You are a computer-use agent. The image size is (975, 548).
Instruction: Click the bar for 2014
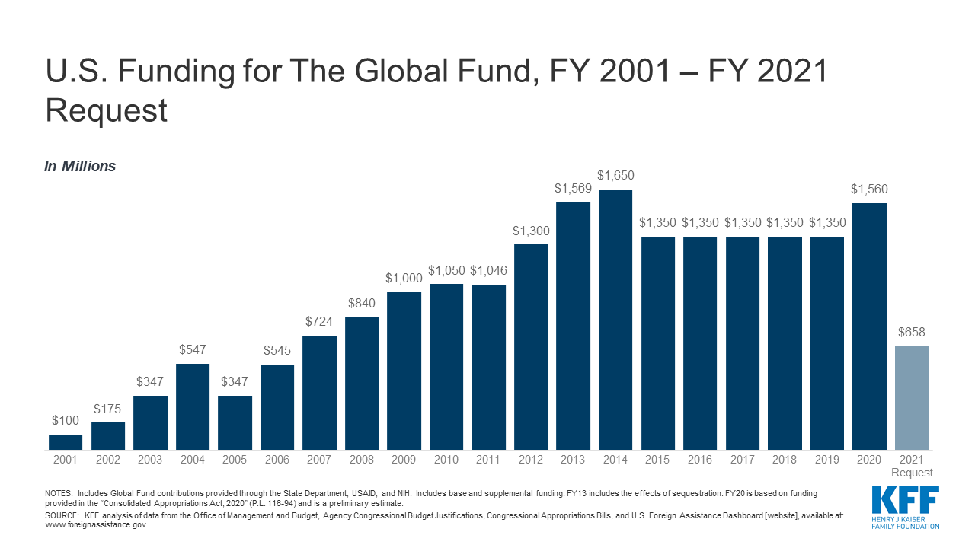(x=615, y=320)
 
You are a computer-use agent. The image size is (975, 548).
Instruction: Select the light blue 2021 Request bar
(x=912, y=398)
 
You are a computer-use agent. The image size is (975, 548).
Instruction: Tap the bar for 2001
(x=66, y=442)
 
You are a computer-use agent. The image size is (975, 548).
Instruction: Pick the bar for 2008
(x=362, y=384)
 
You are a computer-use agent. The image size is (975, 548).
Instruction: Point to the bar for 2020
(x=869, y=327)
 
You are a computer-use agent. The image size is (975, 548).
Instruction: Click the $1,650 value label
(x=615, y=176)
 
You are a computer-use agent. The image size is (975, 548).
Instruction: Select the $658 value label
(x=912, y=333)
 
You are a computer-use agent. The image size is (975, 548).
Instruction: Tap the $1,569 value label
(x=573, y=188)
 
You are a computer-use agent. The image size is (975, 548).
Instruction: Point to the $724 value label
(x=319, y=322)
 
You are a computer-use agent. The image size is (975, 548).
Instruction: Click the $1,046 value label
(x=488, y=270)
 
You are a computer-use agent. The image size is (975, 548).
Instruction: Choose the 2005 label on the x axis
(x=235, y=460)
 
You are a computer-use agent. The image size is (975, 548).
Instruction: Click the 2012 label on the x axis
(x=531, y=460)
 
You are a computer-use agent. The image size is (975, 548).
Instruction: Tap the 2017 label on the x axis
(x=743, y=460)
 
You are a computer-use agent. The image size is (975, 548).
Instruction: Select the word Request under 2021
(x=912, y=473)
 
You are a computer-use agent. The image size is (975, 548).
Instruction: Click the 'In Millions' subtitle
(x=80, y=167)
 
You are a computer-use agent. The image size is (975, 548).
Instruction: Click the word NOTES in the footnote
(x=59, y=494)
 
